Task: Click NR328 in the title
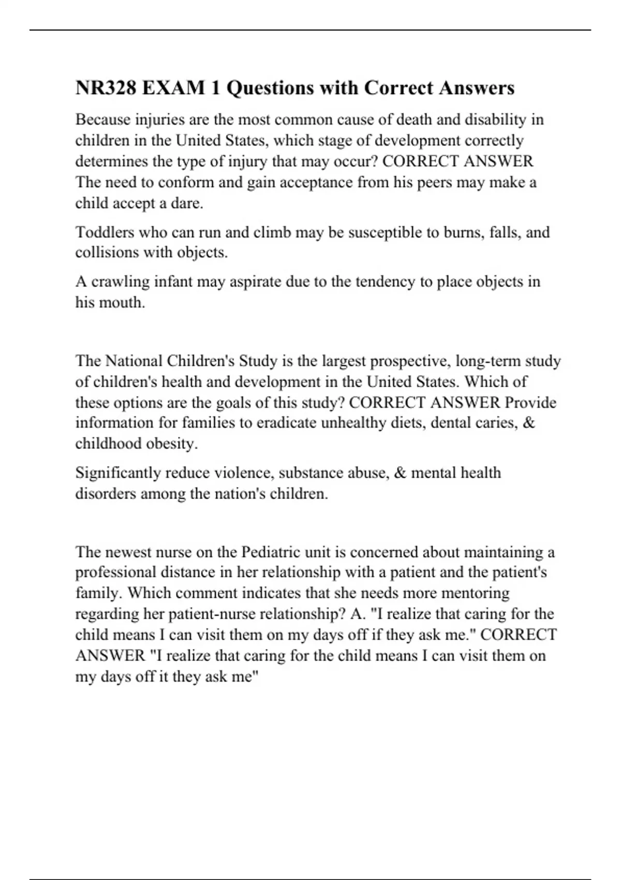[x=106, y=88]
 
